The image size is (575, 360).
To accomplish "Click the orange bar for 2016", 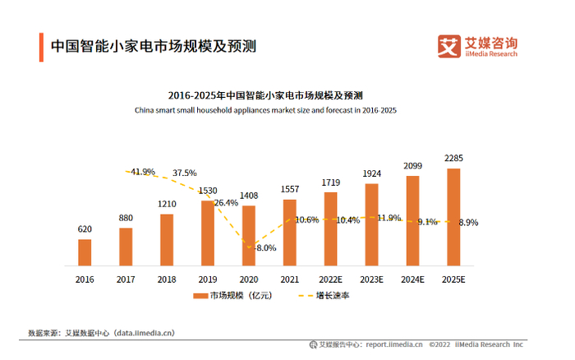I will click(85, 252).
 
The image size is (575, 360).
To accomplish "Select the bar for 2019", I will click(208, 233).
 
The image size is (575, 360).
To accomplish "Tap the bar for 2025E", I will click(453, 217).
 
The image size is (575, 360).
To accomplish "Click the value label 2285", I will click(453, 158).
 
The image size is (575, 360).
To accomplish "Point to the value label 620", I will click(85, 230).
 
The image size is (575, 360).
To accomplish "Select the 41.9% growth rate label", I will click(143, 172).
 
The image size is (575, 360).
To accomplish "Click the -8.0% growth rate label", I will click(265, 247).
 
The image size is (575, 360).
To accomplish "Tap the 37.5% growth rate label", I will click(184, 173).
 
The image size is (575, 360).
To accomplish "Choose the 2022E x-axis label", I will click(330, 279).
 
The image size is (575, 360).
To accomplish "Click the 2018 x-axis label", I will click(167, 279).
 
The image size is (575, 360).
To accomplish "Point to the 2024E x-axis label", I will click(412, 279).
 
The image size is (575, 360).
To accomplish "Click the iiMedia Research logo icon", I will click(449, 47).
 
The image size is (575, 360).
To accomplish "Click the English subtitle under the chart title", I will click(265, 109).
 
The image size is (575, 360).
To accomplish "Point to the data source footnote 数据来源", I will click(100, 333).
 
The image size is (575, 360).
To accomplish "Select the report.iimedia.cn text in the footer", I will click(394, 345).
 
